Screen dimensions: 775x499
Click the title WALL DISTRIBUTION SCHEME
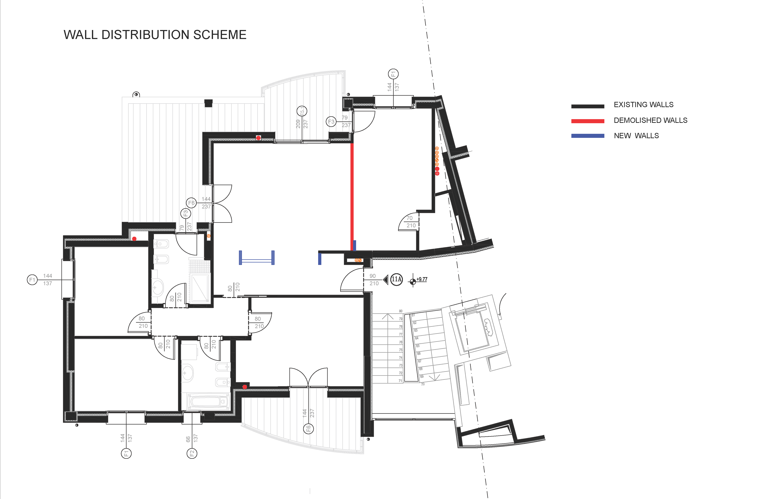(155, 35)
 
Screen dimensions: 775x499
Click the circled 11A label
(396, 279)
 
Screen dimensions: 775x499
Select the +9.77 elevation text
(422, 279)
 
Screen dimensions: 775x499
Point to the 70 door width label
(410, 218)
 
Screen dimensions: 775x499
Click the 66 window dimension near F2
(188, 439)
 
